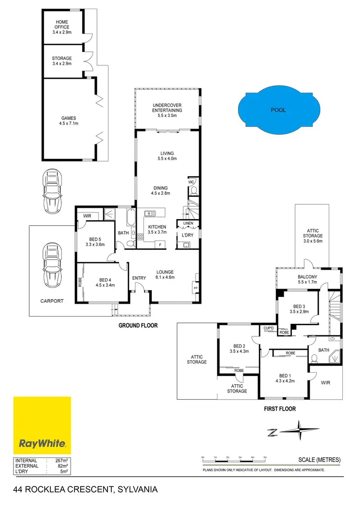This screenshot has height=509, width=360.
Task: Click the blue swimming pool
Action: point(278,110)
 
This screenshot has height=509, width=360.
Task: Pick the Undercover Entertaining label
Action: point(168,108)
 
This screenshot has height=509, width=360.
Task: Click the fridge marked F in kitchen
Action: point(160,245)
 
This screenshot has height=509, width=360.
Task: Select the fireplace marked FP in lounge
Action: point(195,288)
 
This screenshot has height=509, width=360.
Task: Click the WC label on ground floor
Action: point(191,182)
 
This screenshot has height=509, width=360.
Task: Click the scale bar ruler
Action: point(234,459)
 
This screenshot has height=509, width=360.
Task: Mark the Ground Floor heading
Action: point(138,325)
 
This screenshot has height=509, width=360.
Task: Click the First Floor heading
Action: point(279,409)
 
